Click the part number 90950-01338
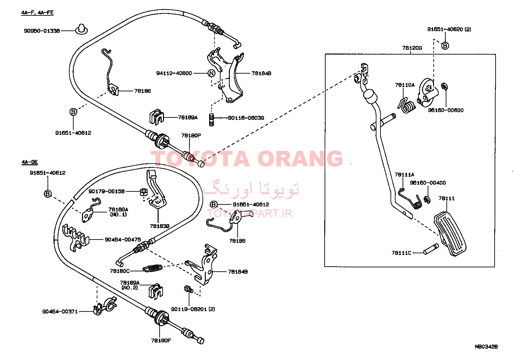[42, 31]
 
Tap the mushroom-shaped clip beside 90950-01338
[81, 29]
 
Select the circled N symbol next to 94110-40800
[211, 73]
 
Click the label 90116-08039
[246, 118]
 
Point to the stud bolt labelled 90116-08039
[212, 119]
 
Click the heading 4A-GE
[29, 162]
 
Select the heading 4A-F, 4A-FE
[37, 12]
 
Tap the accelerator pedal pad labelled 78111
[450, 234]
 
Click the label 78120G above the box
[412, 48]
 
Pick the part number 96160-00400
[428, 183]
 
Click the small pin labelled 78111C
[431, 249]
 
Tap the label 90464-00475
[123, 240]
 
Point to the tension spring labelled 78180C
[153, 268]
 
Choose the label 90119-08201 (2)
[193, 309]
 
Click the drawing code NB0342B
[486, 347]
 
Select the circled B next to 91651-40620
[445, 46]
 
